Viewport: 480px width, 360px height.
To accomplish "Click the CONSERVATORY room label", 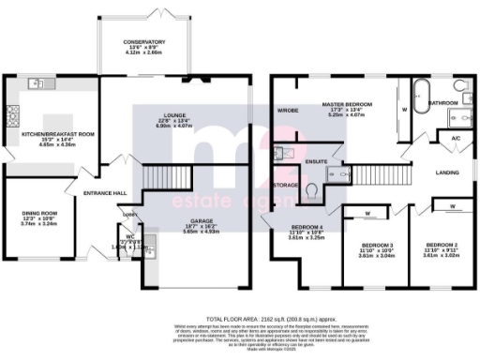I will (x=144, y=42).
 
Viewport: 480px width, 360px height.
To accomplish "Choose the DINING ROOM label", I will (x=37, y=214).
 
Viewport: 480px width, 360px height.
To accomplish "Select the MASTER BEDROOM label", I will (x=347, y=103).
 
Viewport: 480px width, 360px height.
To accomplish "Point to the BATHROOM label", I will (x=442, y=103).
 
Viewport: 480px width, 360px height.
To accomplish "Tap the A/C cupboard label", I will (x=455, y=139).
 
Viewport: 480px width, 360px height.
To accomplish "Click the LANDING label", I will (x=448, y=173).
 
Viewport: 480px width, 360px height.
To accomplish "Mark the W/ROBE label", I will (x=287, y=110).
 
